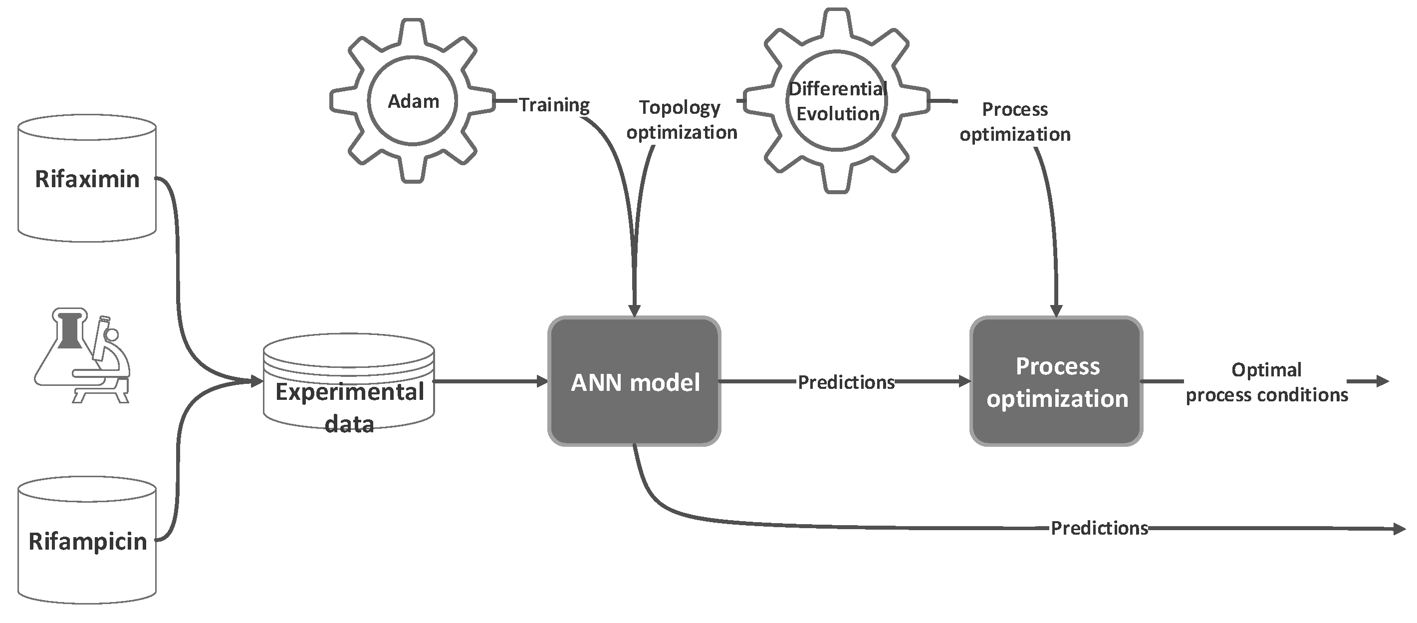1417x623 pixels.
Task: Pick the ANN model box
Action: click(x=634, y=381)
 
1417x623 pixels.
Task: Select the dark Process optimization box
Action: click(x=1056, y=381)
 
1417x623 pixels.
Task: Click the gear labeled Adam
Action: click(x=413, y=101)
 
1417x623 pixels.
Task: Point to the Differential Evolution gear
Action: click(x=837, y=101)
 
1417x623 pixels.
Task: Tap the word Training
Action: click(x=554, y=104)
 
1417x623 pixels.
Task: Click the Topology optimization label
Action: click(x=681, y=119)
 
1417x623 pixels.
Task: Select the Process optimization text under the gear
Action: click(x=1014, y=122)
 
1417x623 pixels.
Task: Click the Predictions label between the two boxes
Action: click(x=846, y=382)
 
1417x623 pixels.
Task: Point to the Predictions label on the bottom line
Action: click(x=1099, y=528)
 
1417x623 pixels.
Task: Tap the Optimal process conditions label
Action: click(x=1266, y=382)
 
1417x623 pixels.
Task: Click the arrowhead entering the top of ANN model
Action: click(x=634, y=310)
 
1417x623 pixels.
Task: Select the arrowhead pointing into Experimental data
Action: click(x=256, y=381)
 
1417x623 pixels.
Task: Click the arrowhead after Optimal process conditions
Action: click(x=1383, y=381)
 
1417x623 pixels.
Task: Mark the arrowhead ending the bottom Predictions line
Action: click(x=1399, y=529)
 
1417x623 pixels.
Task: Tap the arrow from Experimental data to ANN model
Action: click(x=489, y=381)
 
